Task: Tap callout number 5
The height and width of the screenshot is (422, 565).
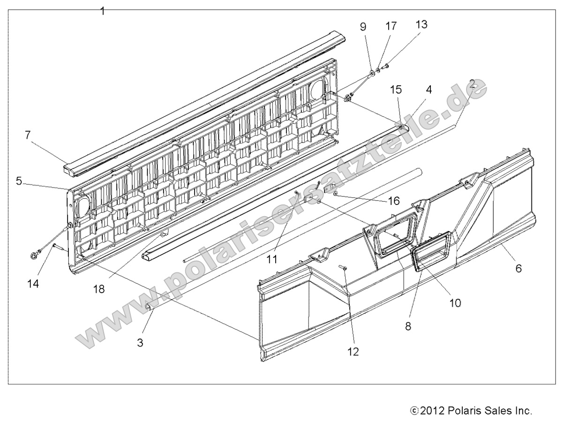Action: tap(19, 181)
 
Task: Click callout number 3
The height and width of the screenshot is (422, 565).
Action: tap(140, 342)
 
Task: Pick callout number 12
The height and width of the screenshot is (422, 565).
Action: tap(354, 351)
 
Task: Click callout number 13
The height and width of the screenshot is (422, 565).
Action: tap(422, 24)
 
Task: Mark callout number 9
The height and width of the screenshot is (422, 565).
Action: tap(363, 27)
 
